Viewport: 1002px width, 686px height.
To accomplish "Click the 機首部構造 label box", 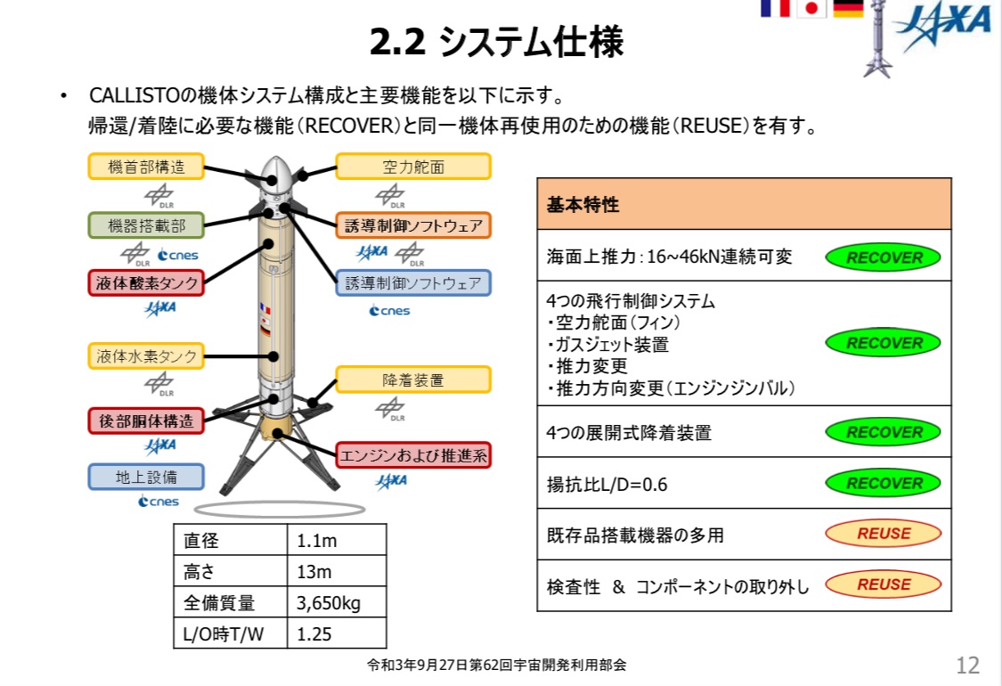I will point(146,167).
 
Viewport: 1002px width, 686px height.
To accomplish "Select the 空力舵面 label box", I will point(413,167).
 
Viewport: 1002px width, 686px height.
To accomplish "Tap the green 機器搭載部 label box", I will point(146,225).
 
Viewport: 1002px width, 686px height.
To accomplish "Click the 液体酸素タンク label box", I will point(146,283).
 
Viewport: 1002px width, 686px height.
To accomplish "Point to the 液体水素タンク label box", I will point(146,356).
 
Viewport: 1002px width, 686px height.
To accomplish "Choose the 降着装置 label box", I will point(413,380).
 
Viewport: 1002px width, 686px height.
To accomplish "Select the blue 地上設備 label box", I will point(146,477).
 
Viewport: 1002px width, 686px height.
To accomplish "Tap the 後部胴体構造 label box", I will point(146,420).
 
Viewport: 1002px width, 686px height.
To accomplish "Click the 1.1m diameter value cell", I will point(337,541).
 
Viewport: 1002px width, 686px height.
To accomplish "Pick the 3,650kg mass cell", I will point(337,603).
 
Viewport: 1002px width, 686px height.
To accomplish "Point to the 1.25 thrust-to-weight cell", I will point(337,634).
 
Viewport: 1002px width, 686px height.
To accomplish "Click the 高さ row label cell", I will point(231,572).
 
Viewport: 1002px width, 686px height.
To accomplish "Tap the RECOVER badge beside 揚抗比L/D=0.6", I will point(884,484).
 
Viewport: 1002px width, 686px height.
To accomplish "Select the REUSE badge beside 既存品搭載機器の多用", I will point(883,534).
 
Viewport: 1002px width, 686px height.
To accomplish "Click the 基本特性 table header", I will point(744,205).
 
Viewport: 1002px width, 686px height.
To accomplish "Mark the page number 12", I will point(967,665).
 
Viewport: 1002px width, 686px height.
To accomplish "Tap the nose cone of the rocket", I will point(278,170).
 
